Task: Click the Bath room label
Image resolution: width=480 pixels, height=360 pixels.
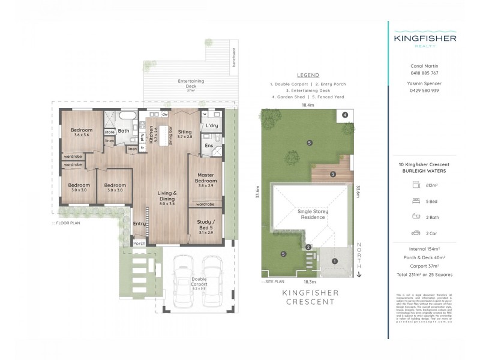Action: pyautogui.click(x=123, y=131)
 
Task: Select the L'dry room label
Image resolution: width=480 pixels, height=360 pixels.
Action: pyautogui.click(x=211, y=125)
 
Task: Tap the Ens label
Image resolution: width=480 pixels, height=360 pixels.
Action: pyautogui.click(x=208, y=145)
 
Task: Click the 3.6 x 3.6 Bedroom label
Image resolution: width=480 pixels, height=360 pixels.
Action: pyautogui.click(x=82, y=132)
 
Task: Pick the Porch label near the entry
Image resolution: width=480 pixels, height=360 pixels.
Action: pyautogui.click(x=139, y=244)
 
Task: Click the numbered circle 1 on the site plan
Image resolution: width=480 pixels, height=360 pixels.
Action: pyautogui.click(x=335, y=261)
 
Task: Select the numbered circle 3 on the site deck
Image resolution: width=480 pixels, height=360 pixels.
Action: pyautogui.click(x=332, y=175)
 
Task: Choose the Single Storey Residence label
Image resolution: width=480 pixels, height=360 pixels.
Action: pyautogui.click(x=311, y=214)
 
